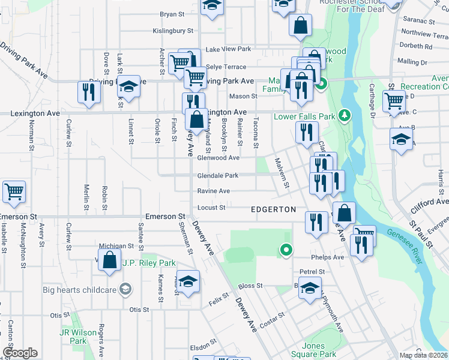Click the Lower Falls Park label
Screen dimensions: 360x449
click(x=305, y=116)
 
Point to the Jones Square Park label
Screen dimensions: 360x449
click(x=313, y=350)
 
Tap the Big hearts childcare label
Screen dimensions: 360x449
click(x=79, y=290)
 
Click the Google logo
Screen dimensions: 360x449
click(x=20, y=353)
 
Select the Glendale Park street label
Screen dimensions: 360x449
click(x=218, y=176)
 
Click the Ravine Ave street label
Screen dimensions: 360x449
click(x=214, y=191)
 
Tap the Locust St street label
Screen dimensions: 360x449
click(x=211, y=208)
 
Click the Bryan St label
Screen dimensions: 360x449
click(x=172, y=14)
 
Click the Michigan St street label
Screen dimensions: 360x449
click(x=116, y=246)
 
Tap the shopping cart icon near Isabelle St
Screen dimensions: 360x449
click(x=14, y=192)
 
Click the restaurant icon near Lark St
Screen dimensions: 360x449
click(x=88, y=92)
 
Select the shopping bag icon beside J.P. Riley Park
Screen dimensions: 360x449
click(x=109, y=260)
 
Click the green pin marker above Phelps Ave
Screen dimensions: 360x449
click(x=286, y=250)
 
